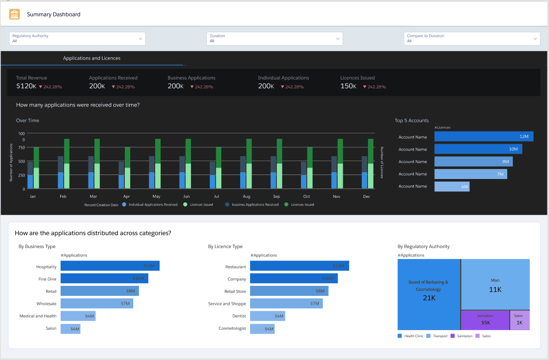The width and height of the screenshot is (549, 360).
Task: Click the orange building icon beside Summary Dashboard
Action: pos(14,14)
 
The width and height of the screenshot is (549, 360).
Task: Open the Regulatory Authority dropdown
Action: pos(77,39)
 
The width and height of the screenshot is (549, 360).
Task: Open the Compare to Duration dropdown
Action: pos(471,39)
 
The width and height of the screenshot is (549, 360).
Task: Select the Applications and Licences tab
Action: pos(91,58)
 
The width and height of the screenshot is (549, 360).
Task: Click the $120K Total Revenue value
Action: pos(26,86)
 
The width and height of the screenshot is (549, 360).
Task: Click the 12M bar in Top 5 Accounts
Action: pos(483,136)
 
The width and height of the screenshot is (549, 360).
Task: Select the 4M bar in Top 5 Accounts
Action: pos(452,186)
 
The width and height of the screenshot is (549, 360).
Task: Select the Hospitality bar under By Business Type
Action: pos(110,266)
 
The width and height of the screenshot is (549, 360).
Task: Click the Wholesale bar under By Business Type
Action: pos(96,303)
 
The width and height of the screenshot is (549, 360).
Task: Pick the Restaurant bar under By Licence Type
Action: pos(299,266)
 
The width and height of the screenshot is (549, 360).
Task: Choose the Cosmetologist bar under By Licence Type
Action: pos(262,329)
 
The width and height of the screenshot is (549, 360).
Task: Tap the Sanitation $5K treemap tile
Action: pos(485,320)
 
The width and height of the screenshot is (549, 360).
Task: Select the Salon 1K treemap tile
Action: pos(519,320)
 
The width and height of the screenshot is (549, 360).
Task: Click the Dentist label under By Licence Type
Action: pos(239,316)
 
